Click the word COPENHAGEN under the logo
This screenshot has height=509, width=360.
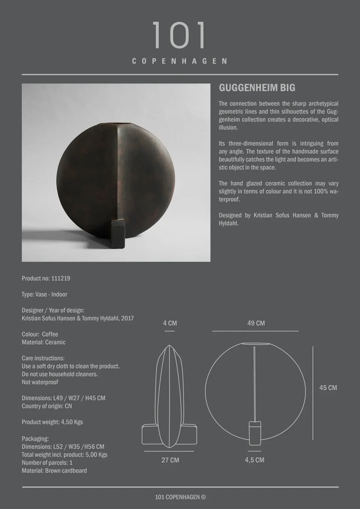[180, 61]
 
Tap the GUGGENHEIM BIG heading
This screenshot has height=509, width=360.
[257, 88]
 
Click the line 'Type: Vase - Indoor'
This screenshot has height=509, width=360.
[44, 294]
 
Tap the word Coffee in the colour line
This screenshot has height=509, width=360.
[50, 334]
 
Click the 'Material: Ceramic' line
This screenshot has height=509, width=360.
[43, 342]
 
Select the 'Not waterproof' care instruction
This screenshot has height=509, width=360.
[40, 382]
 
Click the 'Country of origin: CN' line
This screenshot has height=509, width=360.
[47, 406]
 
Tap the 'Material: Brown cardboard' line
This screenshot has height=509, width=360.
[54, 470]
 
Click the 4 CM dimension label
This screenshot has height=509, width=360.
[170, 323]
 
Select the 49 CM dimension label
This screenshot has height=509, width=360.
[256, 323]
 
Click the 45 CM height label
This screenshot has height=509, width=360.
[328, 388]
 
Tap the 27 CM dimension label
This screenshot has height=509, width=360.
[170, 460]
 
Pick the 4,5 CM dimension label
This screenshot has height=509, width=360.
[255, 460]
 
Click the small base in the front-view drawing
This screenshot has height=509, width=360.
[255, 433]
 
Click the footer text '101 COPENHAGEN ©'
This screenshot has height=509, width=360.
[180, 497]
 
